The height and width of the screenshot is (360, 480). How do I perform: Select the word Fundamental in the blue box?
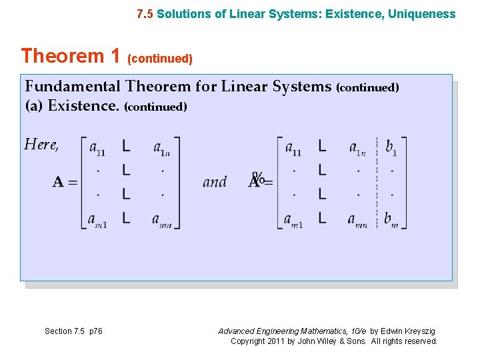[73, 87]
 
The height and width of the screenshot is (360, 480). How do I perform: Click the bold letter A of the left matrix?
[59, 182]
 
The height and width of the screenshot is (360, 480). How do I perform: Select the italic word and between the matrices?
[215, 181]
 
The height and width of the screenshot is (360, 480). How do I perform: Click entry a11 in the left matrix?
[97, 148]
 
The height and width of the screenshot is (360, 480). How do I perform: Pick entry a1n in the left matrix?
[162, 148]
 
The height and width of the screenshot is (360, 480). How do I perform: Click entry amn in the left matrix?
[162, 220]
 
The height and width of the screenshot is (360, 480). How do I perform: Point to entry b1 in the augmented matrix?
[391, 148]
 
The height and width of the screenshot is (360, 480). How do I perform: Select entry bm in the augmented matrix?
[391, 220]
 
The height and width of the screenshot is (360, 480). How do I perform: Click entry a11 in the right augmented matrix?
[293, 148]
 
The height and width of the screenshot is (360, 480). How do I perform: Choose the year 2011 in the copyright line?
[273, 341]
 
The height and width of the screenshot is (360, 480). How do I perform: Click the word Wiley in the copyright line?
[326, 341]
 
